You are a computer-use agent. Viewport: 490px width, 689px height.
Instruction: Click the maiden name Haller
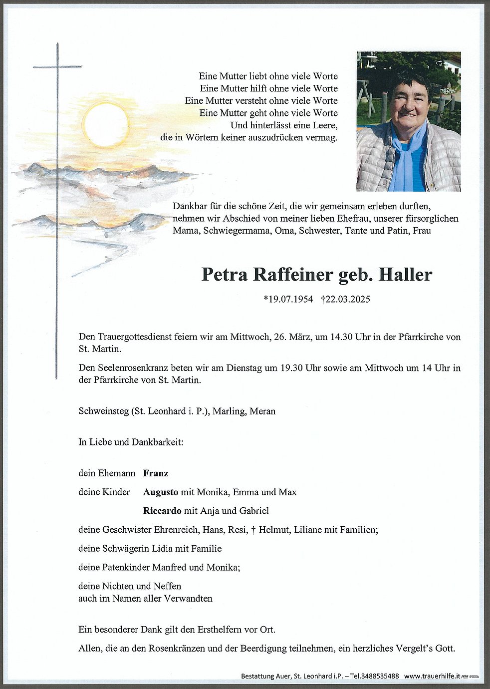point(405,275)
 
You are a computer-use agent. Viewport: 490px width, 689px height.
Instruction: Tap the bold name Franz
point(156,473)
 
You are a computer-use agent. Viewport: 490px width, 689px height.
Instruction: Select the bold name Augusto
point(161,492)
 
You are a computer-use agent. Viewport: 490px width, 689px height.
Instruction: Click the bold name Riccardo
point(162,511)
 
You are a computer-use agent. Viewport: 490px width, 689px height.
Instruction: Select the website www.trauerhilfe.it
point(432,676)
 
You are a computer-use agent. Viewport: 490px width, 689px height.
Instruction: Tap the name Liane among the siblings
point(308,530)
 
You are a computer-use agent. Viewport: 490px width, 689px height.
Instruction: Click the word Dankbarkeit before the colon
point(157,442)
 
